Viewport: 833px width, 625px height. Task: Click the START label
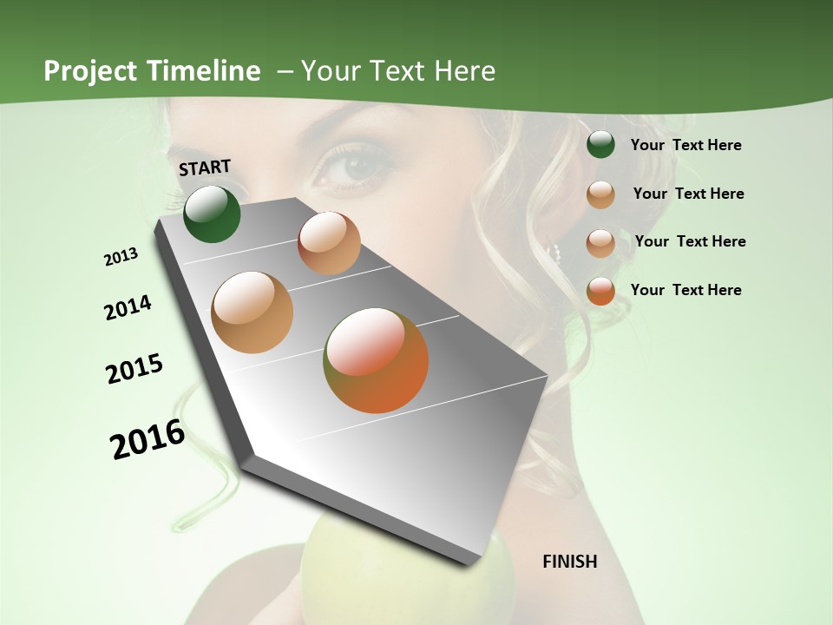[x=205, y=168]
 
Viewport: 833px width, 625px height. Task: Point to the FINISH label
[x=570, y=562]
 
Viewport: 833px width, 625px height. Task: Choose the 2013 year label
[x=121, y=257]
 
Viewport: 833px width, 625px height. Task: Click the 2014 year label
[x=128, y=308]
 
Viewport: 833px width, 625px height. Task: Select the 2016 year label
[x=148, y=439]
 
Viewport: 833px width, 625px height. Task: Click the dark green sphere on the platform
[x=212, y=214]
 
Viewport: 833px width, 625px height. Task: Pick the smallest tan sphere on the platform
[x=329, y=243]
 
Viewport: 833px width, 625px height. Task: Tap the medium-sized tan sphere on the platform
[x=253, y=312]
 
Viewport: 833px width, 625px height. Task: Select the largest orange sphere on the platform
[x=376, y=360]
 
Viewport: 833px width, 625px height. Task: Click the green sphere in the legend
[x=600, y=144]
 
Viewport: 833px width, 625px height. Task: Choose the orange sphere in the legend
[x=600, y=291]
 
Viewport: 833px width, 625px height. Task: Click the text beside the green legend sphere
[x=685, y=145]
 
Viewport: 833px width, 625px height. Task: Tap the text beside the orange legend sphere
[x=685, y=290]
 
